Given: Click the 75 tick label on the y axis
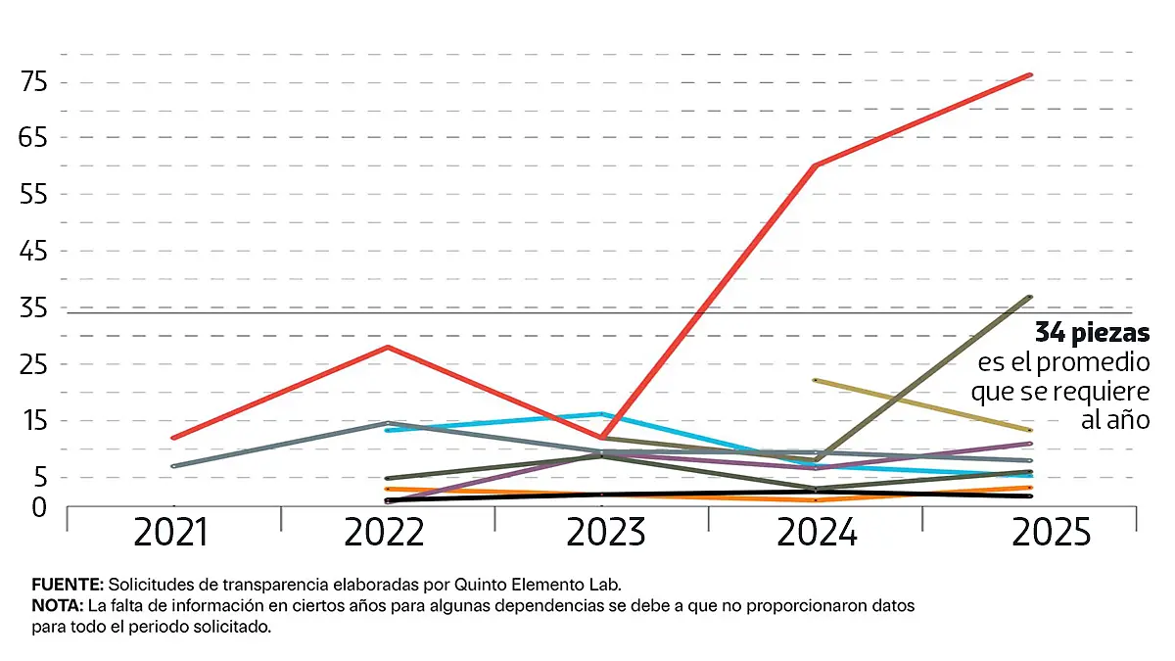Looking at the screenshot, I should (33, 81).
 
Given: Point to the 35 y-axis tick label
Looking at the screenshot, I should (33, 308).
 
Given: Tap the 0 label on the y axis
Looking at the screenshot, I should (39, 507).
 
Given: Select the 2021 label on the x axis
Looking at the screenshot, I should (171, 534).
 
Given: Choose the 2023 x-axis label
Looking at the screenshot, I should (604, 534).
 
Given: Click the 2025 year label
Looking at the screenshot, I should (1051, 534).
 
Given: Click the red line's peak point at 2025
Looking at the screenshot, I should (1029, 74).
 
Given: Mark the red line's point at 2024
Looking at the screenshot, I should (816, 165).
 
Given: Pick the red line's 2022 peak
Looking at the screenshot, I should (389, 347).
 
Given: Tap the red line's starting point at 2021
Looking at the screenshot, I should (173, 438).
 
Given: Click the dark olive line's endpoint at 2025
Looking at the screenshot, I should (1029, 297).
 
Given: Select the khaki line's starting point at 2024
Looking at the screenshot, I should (816, 380).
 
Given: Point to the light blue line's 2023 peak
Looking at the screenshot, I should (602, 414).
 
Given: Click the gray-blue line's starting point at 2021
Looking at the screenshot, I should (173, 466).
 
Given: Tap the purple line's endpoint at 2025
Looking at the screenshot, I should (1029, 444).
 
